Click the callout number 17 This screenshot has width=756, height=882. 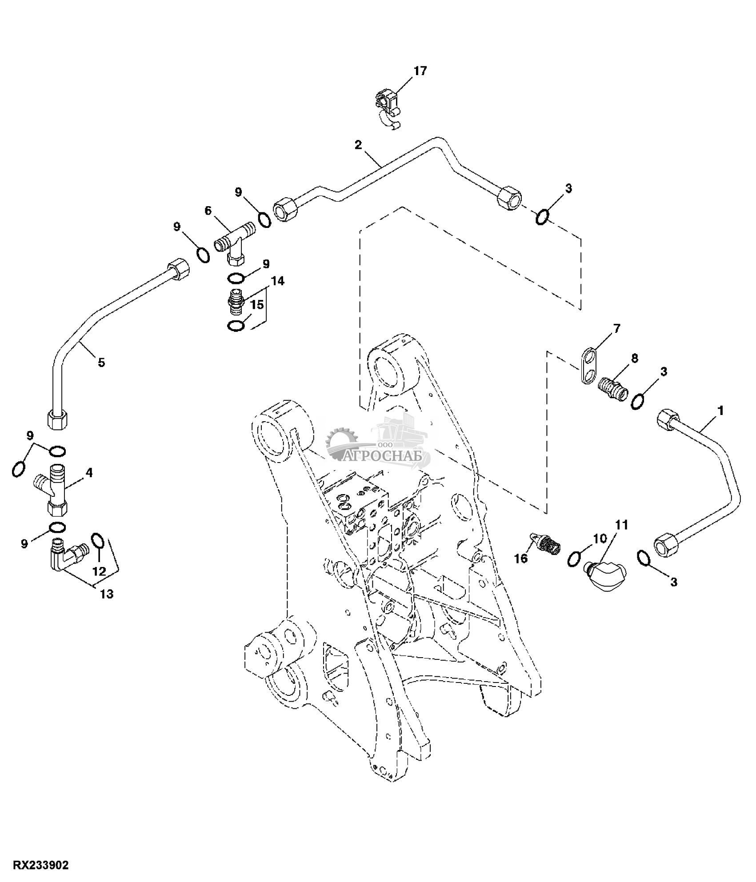click(420, 71)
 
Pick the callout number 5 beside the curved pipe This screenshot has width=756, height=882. click(101, 363)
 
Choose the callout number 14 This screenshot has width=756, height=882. click(278, 281)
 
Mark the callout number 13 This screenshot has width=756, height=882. click(107, 594)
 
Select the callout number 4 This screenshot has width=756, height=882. click(89, 473)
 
